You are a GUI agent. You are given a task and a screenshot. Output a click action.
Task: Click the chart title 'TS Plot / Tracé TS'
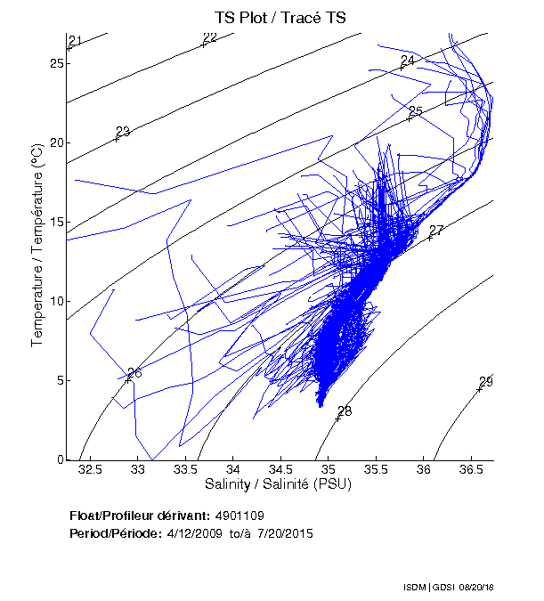[280, 18]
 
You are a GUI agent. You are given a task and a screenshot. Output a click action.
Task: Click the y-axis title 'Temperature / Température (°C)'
[38, 247]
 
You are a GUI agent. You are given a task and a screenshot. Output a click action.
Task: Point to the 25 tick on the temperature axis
[58, 64]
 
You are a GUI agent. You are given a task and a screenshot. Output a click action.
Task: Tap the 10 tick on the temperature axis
[58, 301]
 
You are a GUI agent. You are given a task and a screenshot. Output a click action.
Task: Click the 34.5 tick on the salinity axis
[280, 468]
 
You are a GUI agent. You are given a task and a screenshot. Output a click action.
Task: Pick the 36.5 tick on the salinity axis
[471, 468]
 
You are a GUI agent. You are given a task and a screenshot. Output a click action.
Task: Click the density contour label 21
[75, 41]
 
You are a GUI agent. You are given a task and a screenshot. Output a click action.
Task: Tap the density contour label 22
[210, 37]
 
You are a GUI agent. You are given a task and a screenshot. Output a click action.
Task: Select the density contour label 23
[123, 132]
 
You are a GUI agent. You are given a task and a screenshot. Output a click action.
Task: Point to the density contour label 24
[408, 61]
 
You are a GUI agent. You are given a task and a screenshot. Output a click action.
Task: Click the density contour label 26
[134, 373]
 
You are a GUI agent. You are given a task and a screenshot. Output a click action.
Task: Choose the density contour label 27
[436, 231]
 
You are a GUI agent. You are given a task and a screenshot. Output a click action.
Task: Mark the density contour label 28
[345, 411]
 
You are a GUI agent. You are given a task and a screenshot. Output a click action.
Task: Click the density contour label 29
[486, 382]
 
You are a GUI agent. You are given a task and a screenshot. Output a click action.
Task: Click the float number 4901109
[240, 516]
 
